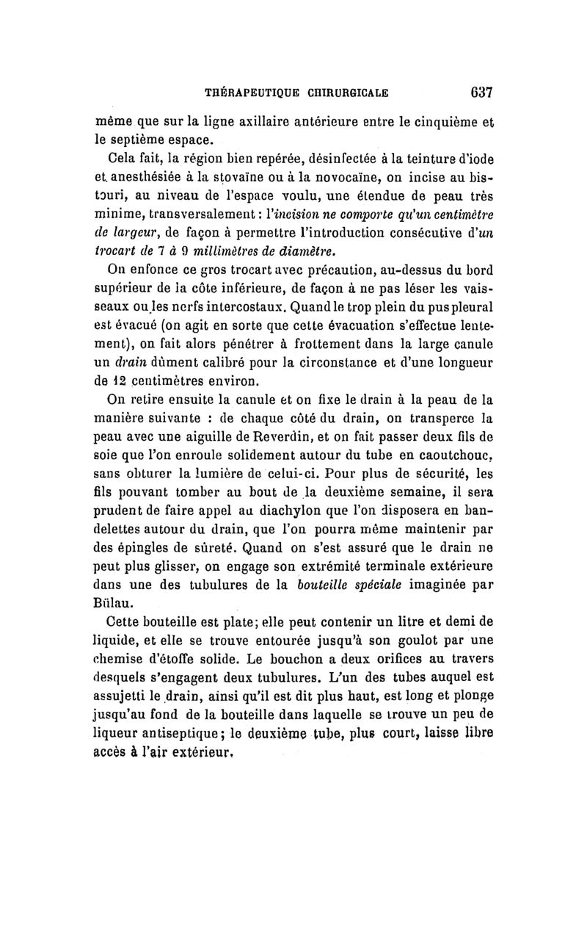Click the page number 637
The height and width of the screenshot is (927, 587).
pos(477,93)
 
